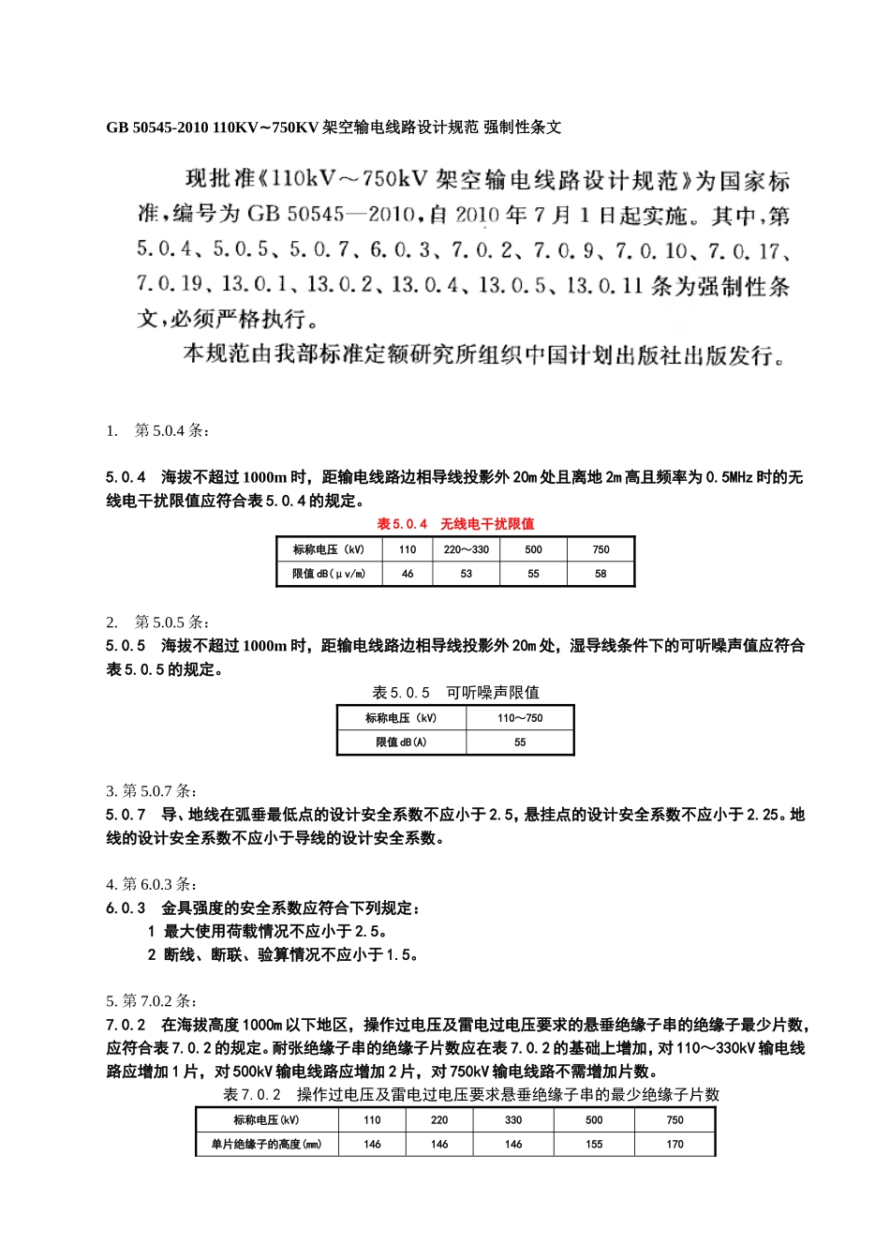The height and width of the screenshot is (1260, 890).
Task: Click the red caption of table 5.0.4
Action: click(455, 524)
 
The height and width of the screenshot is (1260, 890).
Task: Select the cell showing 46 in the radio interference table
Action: click(408, 574)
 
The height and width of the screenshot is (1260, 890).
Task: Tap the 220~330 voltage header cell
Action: click(466, 549)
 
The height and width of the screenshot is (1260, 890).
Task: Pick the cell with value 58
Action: click(601, 574)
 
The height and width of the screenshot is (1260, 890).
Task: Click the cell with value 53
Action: click(466, 574)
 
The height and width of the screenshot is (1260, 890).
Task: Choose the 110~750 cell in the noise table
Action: click(520, 718)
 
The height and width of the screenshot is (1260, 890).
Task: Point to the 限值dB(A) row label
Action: click(401, 742)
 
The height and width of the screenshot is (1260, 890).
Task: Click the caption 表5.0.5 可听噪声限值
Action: click(455, 693)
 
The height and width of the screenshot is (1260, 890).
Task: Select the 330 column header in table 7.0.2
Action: click(513, 1119)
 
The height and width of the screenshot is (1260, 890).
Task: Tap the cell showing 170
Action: click(675, 1144)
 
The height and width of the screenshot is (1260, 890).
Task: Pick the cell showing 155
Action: click(594, 1144)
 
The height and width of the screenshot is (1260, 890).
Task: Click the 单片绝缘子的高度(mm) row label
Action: click(266, 1144)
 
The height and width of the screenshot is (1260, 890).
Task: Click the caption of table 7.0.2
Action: click(471, 1094)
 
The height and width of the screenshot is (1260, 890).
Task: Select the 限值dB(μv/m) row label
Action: click(329, 574)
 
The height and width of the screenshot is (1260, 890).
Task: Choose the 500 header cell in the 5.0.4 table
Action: click(533, 549)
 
